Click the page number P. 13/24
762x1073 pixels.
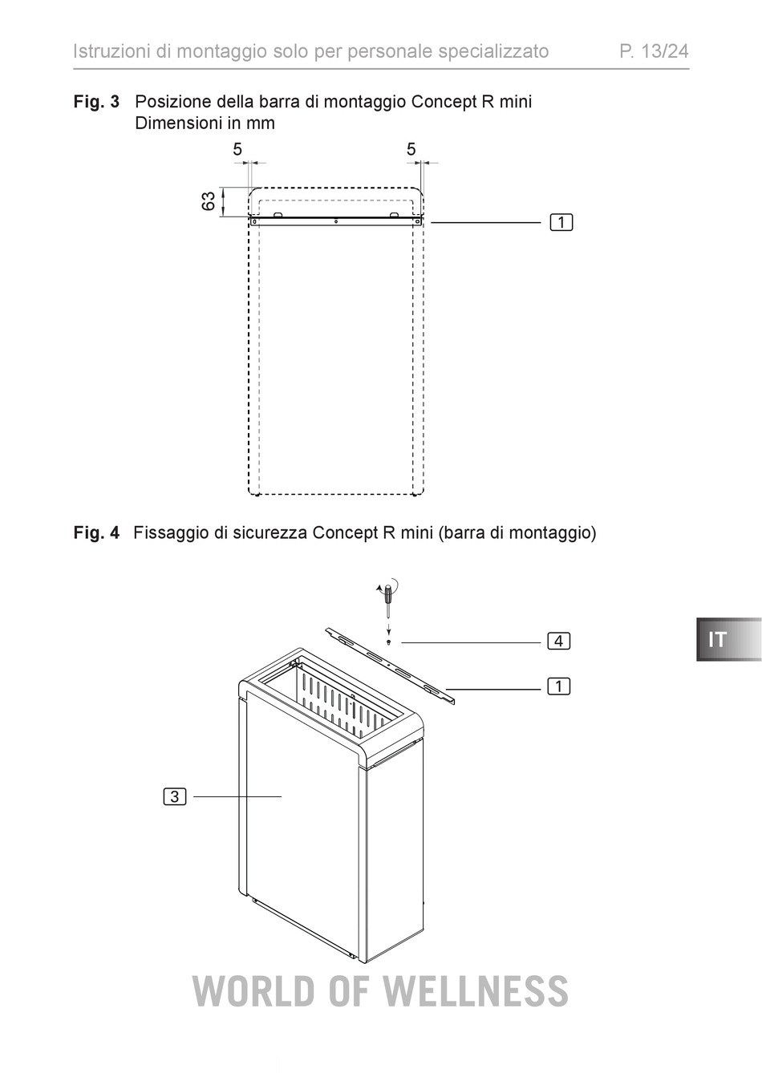(x=654, y=51)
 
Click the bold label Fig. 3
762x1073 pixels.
(x=96, y=102)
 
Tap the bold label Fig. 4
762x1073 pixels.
(x=96, y=532)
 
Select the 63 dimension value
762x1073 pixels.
(x=209, y=201)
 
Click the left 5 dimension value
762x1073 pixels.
(x=237, y=149)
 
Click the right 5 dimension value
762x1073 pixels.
(x=411, y=149)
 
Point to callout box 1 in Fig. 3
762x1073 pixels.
(x=561, y=223)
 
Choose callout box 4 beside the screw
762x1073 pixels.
(x=559, y=641)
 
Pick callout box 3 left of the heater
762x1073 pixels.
(x=175, y=796)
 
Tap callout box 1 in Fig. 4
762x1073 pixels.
(x=559, y=686)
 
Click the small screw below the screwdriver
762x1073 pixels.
(x=389, y=642)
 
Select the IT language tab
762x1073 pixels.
(x=728, y=639)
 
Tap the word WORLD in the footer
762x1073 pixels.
(x=254, y=990)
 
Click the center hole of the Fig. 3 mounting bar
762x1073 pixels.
(x=336, y=221)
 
